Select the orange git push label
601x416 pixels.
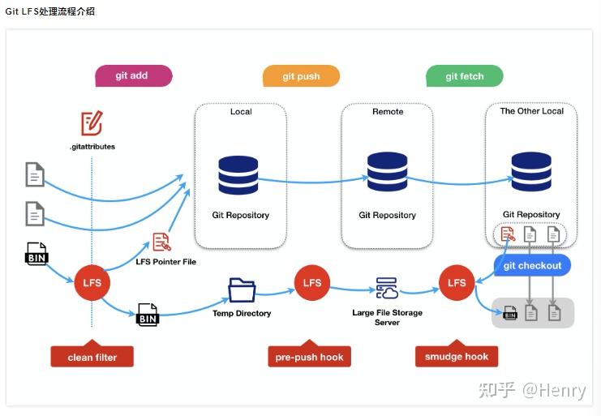pos(301,76)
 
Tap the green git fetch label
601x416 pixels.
pos(465,76)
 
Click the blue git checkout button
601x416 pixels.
pos(532,265)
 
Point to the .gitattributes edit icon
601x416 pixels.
pos(92,123)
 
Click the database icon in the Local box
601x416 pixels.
pos(238,175)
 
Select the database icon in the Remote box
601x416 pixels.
pos(388,172)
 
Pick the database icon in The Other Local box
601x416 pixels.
pos(531,172)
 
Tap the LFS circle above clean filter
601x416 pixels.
pos(92,283)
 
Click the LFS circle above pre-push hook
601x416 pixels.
pos(312,283)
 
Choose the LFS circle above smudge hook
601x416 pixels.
pos(457,283)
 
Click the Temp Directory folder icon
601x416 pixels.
pos(242,290)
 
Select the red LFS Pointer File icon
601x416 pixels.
pos(162,242)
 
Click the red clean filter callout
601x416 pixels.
pos(92,356)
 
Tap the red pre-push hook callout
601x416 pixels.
pos(309,356)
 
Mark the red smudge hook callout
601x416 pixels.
pos(457,356)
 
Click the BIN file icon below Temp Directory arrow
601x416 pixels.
pos(148,315)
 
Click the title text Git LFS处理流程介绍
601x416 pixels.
pos(50,11)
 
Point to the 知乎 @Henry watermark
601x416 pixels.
pos(532,390)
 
